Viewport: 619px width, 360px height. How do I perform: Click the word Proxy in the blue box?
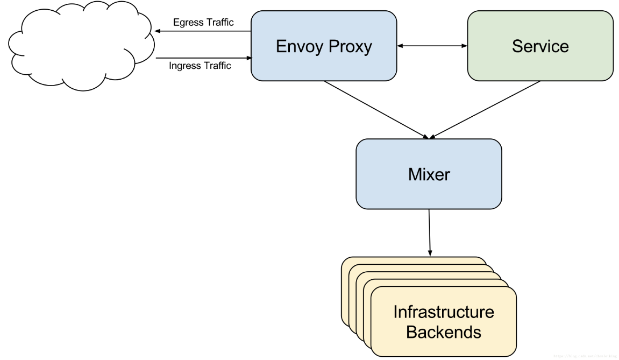(348, 46)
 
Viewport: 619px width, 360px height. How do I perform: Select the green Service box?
(540, 46)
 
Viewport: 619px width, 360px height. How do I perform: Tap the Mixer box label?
(429, 174)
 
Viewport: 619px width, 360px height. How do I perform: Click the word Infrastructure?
(444, 312)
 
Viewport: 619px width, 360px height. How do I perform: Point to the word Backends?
(444, 331)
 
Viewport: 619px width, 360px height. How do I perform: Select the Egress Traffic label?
(203, 23)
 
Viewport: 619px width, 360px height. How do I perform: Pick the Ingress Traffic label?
(200, 66)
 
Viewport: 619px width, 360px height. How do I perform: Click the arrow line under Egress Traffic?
(204, 32)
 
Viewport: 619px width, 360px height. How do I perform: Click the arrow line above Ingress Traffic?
(204, 57)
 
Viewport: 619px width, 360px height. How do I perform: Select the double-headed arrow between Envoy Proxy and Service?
(432, 46)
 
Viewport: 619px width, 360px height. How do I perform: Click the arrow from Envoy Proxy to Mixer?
(376, 110)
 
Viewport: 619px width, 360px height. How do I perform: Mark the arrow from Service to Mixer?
(484, 110)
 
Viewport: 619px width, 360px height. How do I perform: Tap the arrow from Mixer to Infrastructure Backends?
(429, 231)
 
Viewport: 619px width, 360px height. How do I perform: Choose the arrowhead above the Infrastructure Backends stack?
(430, 253)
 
